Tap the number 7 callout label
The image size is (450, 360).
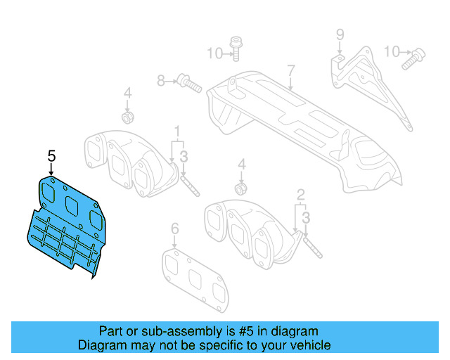tap(290, 70)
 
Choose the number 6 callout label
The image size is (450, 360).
tap(175, 228)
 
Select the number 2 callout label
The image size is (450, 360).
tap(300, 194)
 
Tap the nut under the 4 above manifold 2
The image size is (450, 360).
tap(240, 188)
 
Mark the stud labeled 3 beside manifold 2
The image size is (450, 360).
tap(311, 245)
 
